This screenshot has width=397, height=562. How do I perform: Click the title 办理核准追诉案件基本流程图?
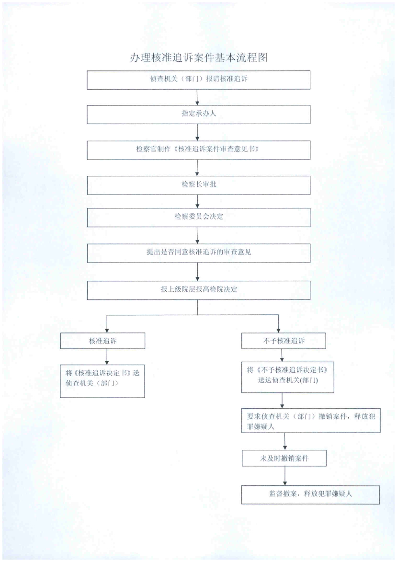click(198, 57)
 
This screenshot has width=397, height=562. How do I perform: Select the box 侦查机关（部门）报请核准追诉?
click(198, 80)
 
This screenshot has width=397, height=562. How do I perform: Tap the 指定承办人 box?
click(198, 115)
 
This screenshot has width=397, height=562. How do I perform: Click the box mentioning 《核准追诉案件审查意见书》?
click(198, 150)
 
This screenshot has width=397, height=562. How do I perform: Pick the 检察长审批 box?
click(198, 185)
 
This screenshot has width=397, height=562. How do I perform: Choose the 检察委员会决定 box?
click(198, 217)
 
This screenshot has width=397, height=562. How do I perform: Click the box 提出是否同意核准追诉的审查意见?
click(198, 253)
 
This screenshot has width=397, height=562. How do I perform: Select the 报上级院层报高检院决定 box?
click(198, 290)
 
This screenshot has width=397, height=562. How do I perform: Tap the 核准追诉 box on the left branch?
click(102, 341)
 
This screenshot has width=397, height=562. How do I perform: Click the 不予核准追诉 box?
click(284, 341)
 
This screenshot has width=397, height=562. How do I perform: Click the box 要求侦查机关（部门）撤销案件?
click(311, 421)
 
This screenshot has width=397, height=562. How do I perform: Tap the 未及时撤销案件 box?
click(284, 458)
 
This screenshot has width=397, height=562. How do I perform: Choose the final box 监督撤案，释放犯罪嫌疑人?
click(310, 494)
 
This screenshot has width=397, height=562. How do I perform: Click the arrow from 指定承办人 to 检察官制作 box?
click(197, 132)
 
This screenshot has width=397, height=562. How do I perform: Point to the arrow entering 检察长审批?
click(197, 168)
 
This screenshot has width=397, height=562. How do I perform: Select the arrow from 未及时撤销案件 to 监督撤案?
click(285, 476)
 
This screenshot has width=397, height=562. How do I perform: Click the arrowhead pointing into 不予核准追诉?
click(279, 330)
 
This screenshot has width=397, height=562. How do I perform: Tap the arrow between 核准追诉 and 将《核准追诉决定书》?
click(107, 356)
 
